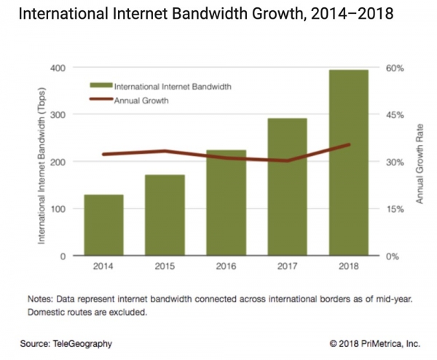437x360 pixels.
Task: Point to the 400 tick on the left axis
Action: coord(58,68)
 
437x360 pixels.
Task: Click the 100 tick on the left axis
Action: coord(58,209)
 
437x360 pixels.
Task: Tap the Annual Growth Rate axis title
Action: coord(420,162)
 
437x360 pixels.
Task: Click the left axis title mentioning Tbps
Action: coord(42,162)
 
